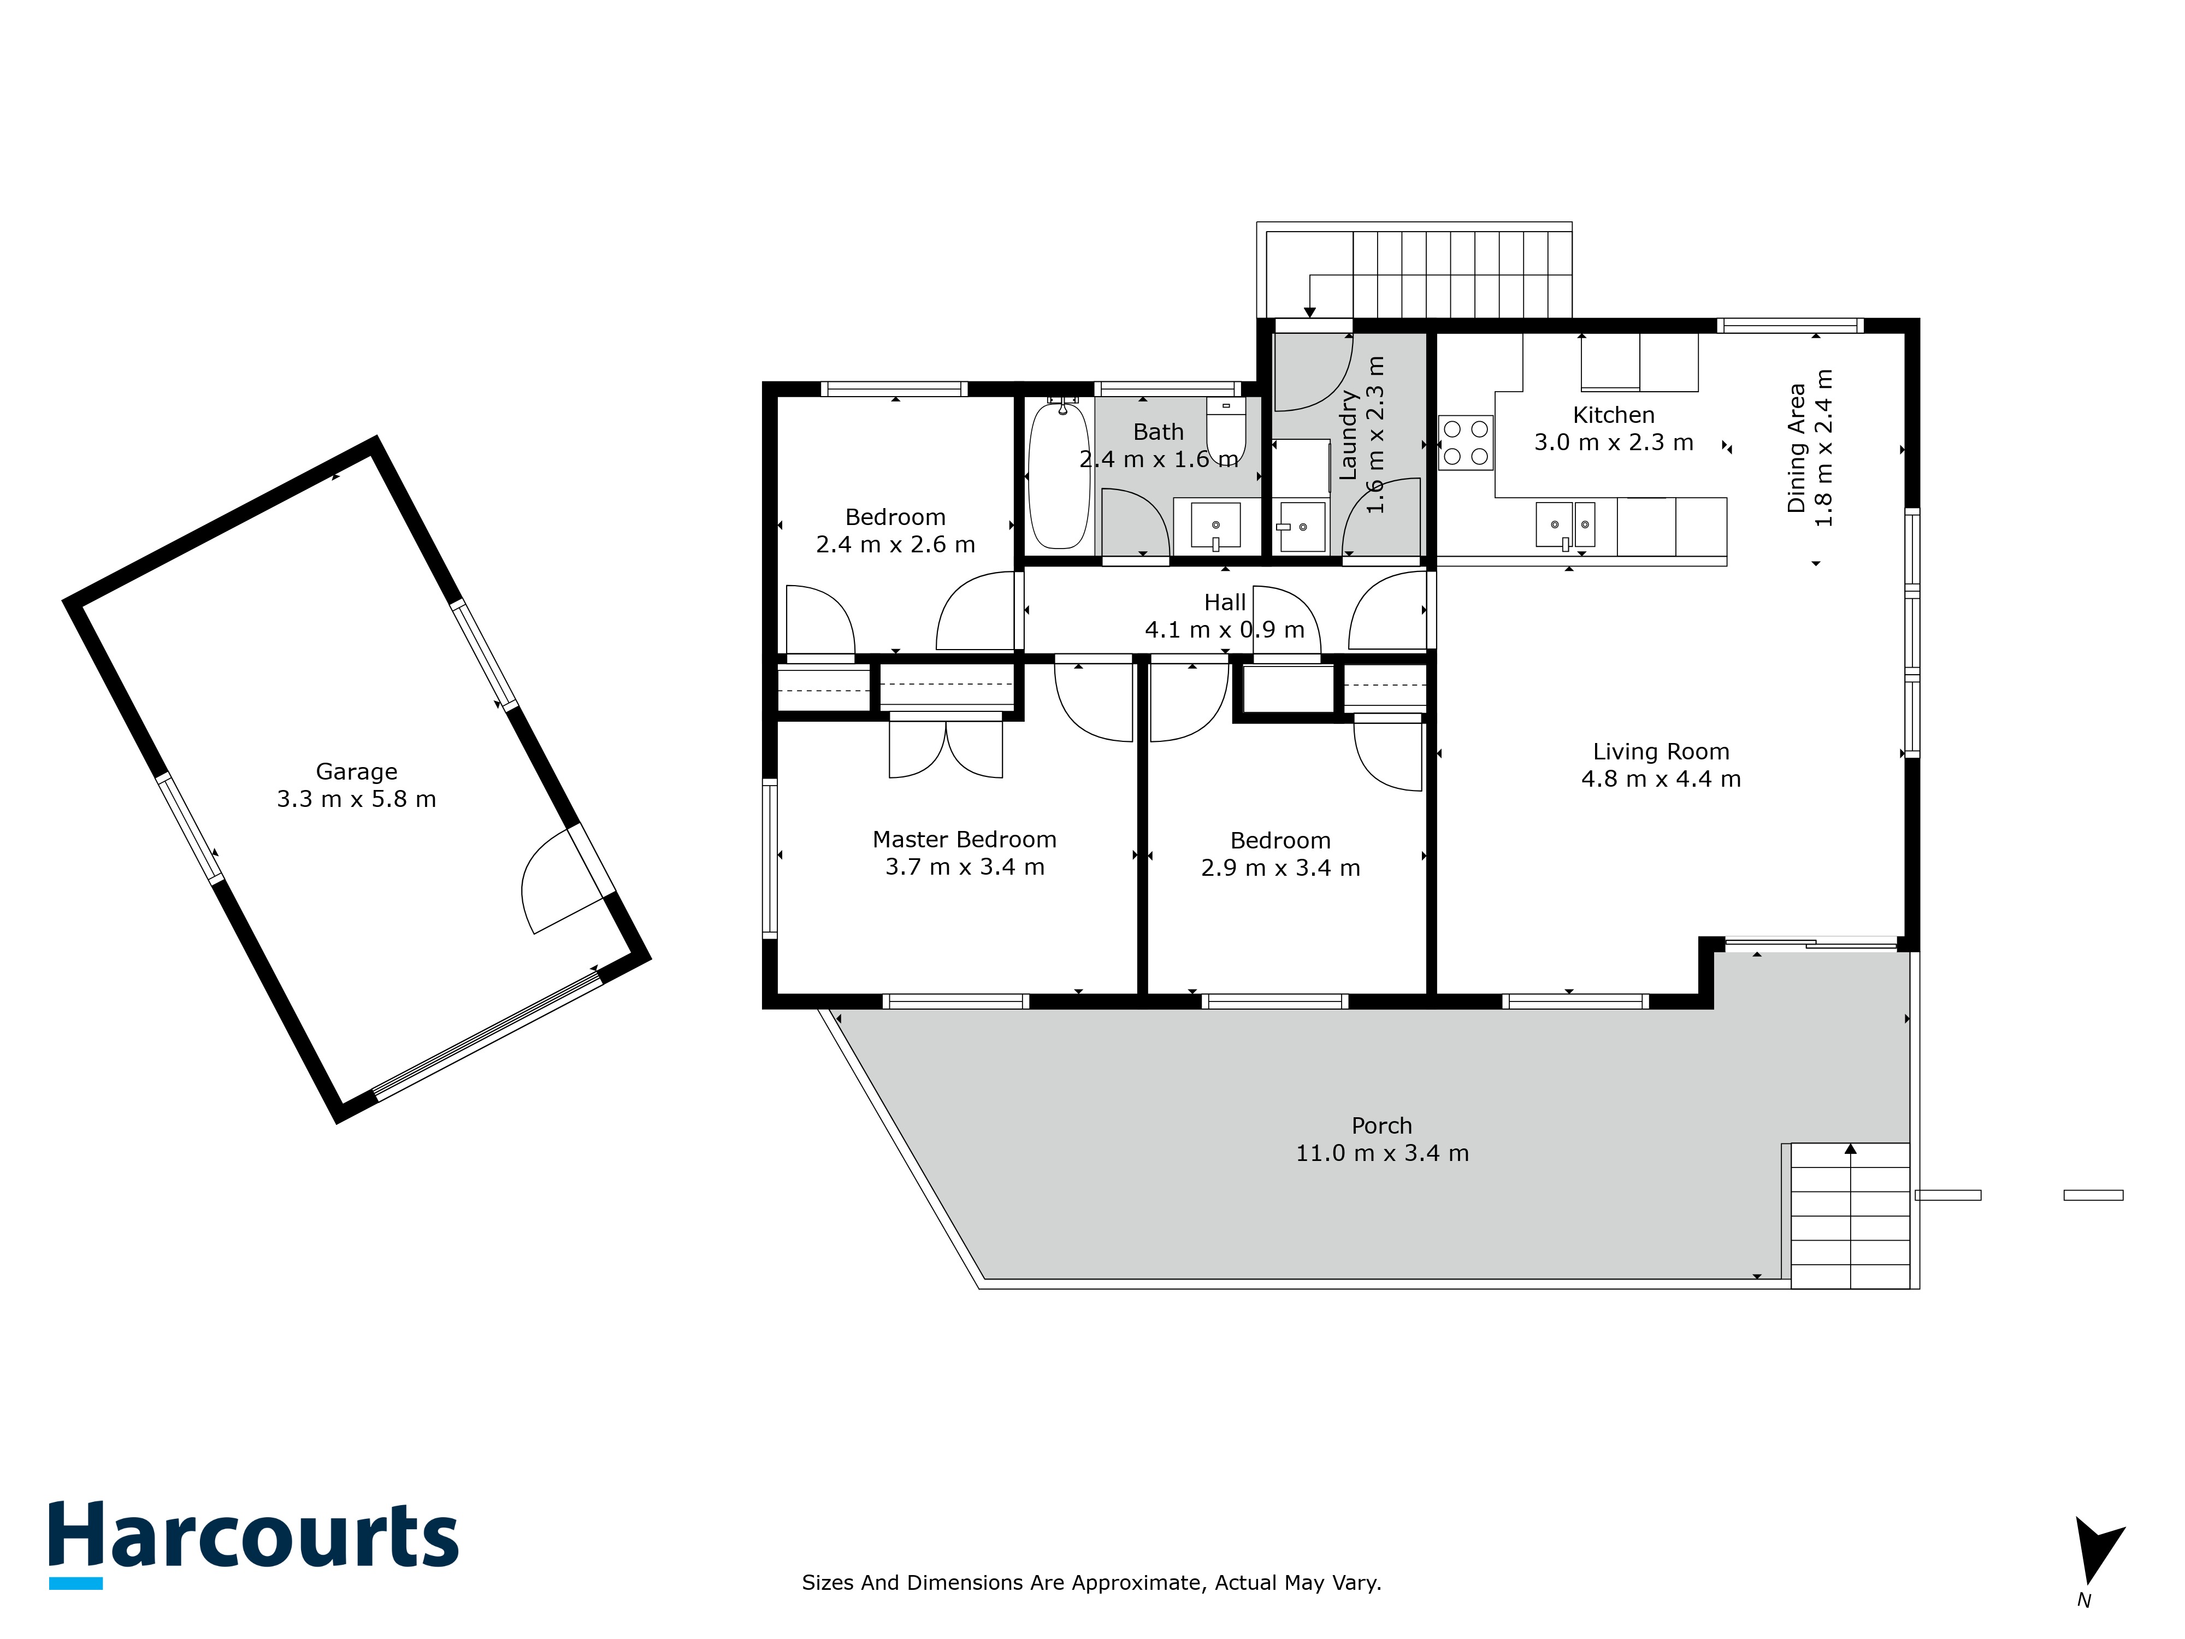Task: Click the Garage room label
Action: [x=357, y=771]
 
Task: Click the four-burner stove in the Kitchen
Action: [x=1466, y=443]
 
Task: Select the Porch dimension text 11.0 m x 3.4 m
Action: [x=1382, y=1153]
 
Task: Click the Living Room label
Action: [x=1661, y=752]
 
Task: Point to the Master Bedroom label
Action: [x=964, y=840]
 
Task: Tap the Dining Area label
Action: [x=1796, y=447]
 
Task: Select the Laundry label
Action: [x=1348, y=435]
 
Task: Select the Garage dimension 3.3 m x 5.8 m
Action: [x=357, y=799]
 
